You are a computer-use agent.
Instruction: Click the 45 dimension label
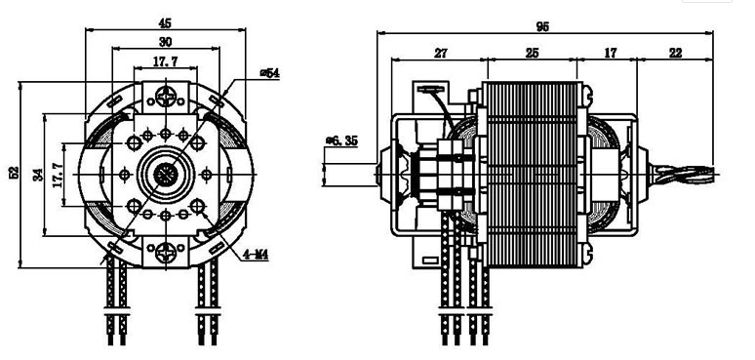pos(165,22)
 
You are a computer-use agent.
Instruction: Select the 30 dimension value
pos(165,42)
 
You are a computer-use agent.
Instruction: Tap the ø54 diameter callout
pos(269,73)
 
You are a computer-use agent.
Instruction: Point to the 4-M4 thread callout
pos(256,256)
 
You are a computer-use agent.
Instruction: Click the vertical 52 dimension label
pos(14,173)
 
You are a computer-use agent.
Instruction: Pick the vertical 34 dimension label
pos(38,174)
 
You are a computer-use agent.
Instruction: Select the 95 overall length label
pos(542,27)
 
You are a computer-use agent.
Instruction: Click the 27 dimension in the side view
pos(440,53)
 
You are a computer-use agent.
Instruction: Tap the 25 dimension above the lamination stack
pos(532,53)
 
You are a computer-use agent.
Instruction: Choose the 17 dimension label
pos(610,53)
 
